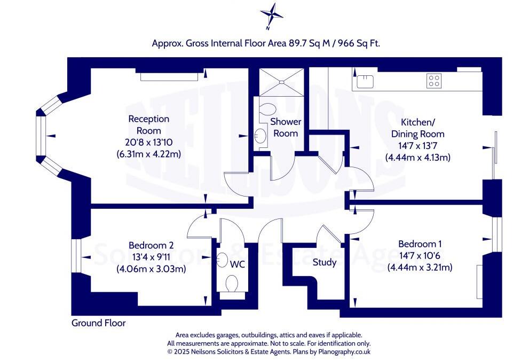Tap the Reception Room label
coord(148,124)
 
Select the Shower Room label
coord(285,128)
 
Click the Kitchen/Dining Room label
coord(417,128)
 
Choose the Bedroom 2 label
coord(151,245)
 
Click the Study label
coord(325,262)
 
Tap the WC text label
coord(237,264)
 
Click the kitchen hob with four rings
coord(433,81)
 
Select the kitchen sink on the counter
coord(365,81)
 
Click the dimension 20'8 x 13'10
coord(148,143)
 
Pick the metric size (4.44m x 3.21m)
coord(420,267)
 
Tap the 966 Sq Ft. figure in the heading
coord(360,44)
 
